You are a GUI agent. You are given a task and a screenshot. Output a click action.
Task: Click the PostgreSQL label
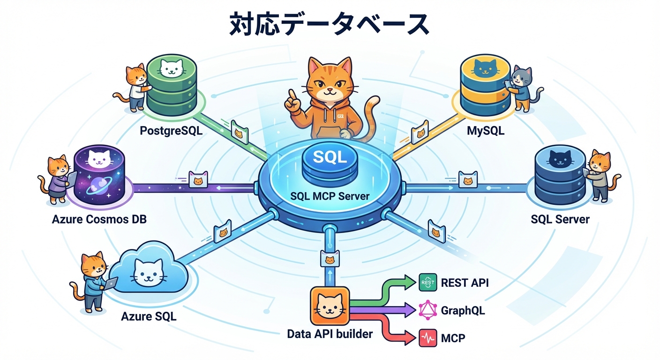point(171,131)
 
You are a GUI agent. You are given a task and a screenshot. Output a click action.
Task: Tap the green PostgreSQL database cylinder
point(171,84)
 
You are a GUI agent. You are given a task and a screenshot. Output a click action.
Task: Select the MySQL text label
point(486,131)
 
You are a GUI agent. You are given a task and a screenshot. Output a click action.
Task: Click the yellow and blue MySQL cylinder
point(485,84)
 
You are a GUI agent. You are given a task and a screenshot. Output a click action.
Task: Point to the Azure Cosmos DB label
point(99,219)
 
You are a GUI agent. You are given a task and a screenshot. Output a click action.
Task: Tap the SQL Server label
point(560,219)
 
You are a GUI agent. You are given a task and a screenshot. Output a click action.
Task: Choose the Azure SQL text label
point(149,316)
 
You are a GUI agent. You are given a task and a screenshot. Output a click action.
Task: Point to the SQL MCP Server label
point(330,195)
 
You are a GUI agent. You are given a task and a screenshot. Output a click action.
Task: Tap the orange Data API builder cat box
point(330,307)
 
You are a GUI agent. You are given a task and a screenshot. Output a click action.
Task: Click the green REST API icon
point(427,283)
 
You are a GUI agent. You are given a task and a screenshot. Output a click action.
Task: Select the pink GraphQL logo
point(427,310)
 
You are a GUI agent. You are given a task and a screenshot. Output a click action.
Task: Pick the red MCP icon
point(427,337)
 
